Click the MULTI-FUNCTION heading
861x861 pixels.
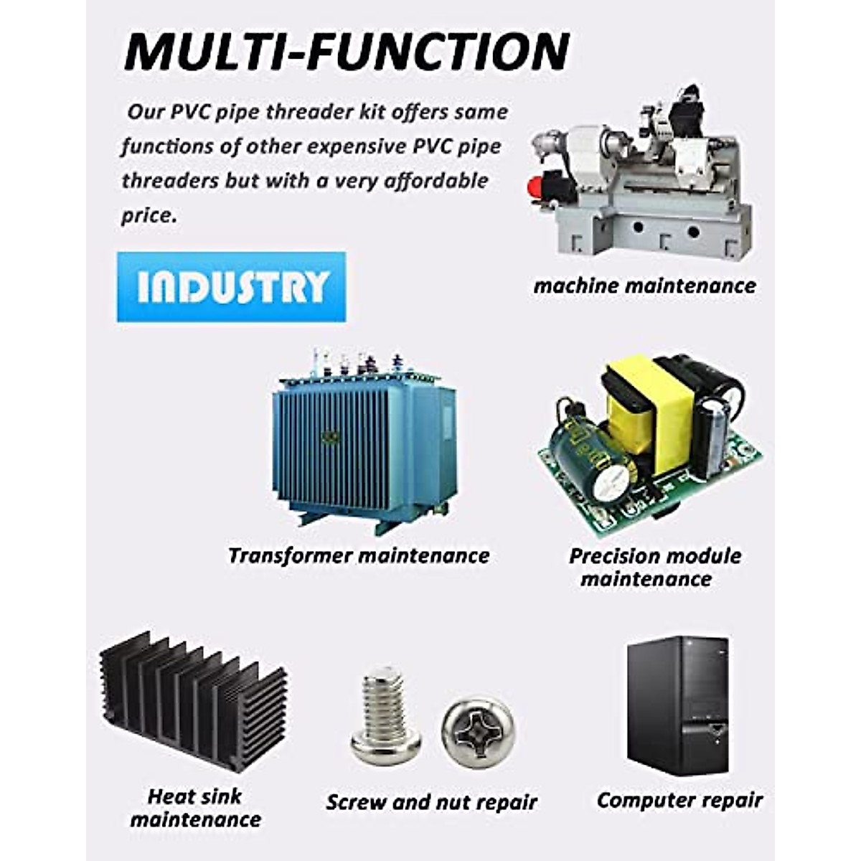(x=347, y=51)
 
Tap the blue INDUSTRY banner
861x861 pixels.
(x=231, y=286)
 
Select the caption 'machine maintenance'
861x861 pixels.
(x=644, y=286)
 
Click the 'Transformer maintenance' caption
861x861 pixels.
(x=358, y=555)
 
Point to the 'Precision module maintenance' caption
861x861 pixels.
(x=654, y=567)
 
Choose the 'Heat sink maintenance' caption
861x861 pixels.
(x=195, y=807)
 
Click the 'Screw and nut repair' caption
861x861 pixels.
(x=431, y=801)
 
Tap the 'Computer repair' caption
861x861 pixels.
(x=679, y=800)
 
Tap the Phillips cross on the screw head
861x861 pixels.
(x=477, y=731)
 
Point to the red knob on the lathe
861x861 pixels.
(x=535, y=189)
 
